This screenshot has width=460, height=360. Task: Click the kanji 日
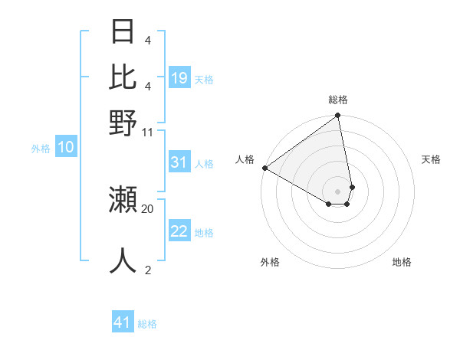click(x=123, y=32)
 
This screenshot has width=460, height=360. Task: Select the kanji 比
click(x=123, y=77)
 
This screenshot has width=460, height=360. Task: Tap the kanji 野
click(x=123, y=123)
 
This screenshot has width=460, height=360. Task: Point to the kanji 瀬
click(x=123, y=199)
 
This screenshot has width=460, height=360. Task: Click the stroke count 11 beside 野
click(x=148, y=132)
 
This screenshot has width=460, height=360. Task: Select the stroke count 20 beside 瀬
click(x=148, y=208)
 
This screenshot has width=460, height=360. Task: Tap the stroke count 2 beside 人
click(x=148, y=270)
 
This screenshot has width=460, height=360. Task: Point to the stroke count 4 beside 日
click(x=148, y=40)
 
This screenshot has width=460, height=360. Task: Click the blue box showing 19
click(x=179, y=78)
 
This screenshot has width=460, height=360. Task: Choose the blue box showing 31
click(x=179, y=162)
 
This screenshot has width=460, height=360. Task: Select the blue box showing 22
click(x=179, y=231)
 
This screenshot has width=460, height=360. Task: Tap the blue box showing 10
click(x=65, y=148)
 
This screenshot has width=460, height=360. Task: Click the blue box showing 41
click(x=123, y=322)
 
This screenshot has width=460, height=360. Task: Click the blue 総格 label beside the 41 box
click(x=147, y=324)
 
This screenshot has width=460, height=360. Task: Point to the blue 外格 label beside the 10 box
click(x=41, y=149)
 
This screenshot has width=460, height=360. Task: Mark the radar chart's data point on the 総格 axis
click(x=337, y=116)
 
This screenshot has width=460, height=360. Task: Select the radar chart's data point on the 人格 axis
click(x=264, y=168)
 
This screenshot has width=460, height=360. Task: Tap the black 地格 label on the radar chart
click(x=402, y=262)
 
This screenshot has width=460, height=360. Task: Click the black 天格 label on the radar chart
click(x=431, y=159)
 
